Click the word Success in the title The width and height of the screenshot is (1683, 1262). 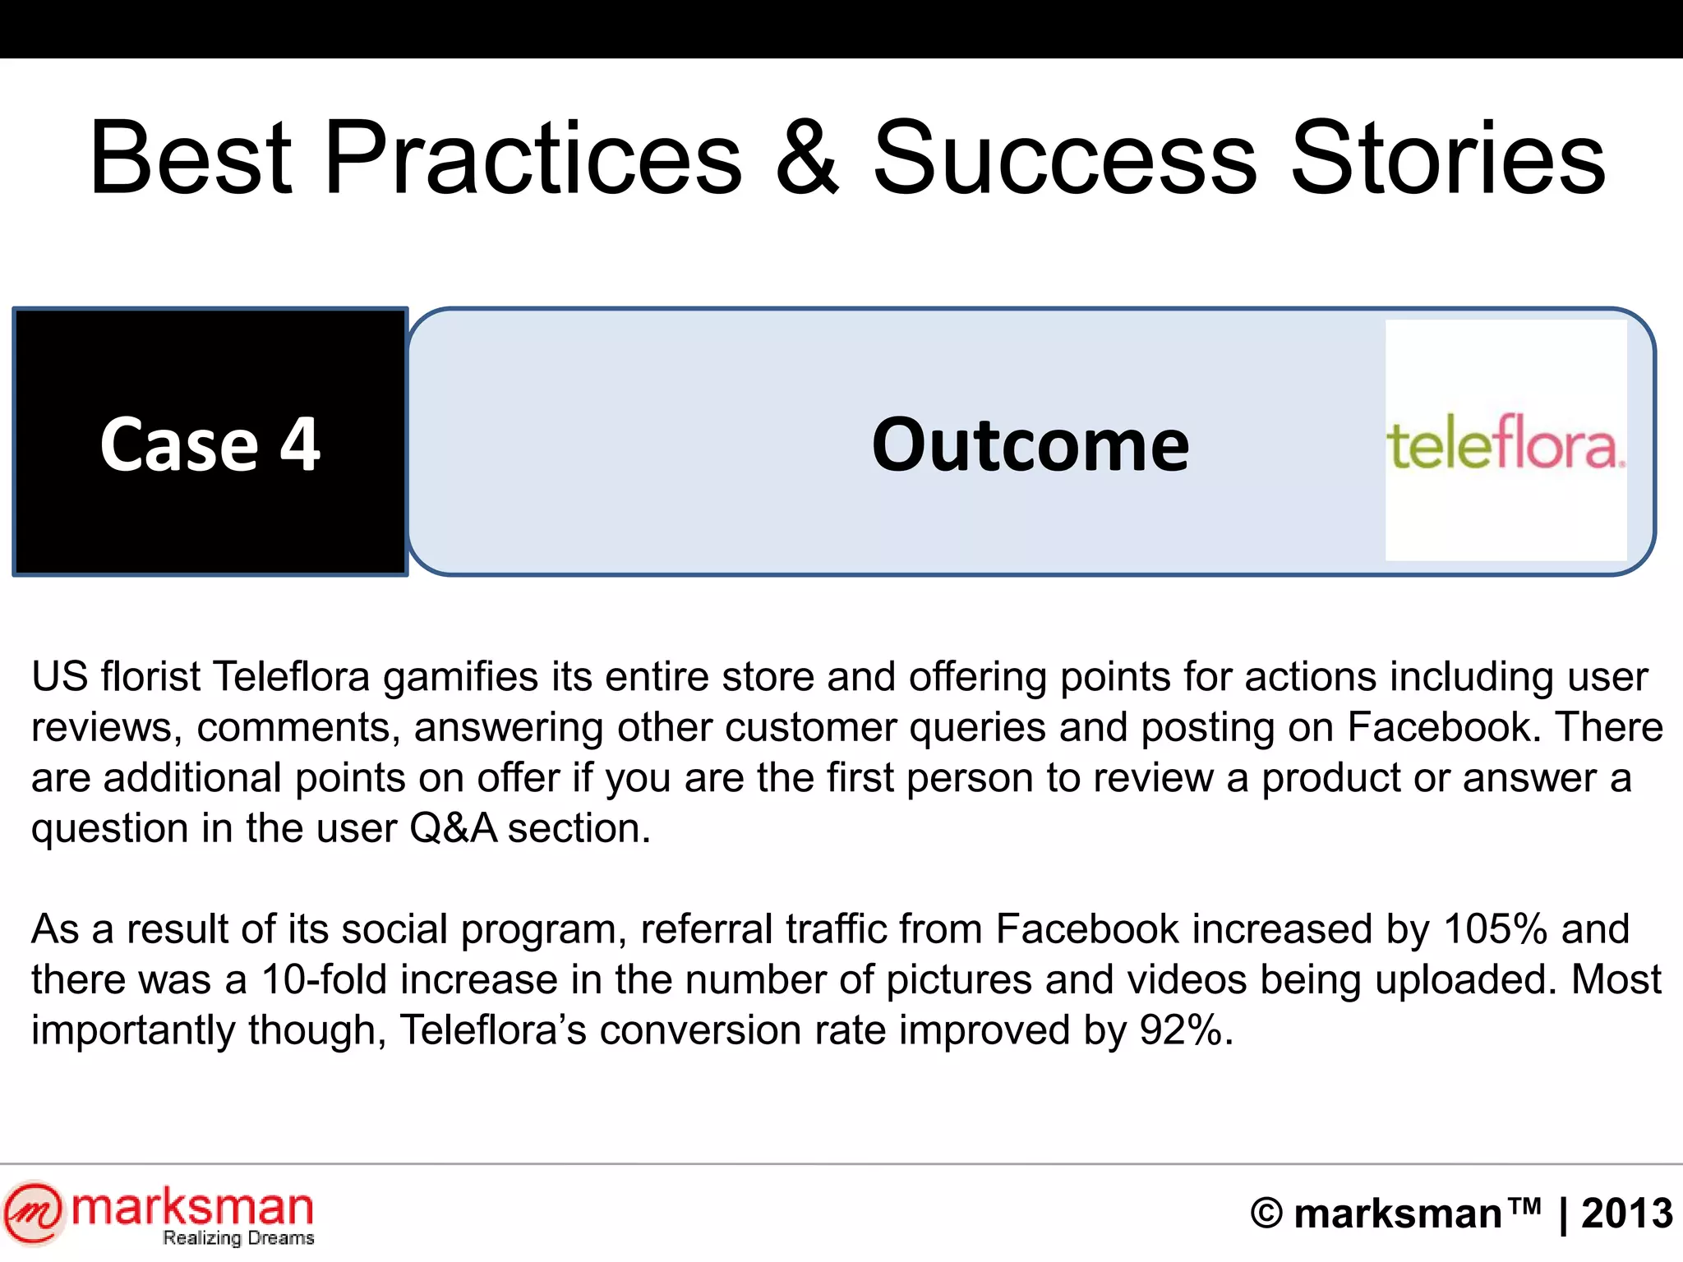click(x=1063, y=158)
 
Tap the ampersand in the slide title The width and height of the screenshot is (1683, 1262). click(x=807, y=158)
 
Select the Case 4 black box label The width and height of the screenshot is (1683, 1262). click(x=210, y=444)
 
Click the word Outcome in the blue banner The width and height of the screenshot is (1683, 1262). click(x=1030, y=445)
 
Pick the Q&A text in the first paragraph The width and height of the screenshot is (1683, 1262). click(x=454, y=828)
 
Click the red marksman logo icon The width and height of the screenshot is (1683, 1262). click(x=33, y=1212)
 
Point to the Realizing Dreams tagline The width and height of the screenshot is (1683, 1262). click(x=238, y=1238)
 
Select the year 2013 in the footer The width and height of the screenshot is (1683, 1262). click(x=1626, y=1214)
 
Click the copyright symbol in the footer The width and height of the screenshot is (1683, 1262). click(x=1266, y=1214)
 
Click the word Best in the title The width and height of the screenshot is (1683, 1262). click(x=191, y=158)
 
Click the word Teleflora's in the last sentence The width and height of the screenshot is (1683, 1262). click(x=492, y=1030)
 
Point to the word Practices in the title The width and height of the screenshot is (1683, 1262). click(x=533, y=158)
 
